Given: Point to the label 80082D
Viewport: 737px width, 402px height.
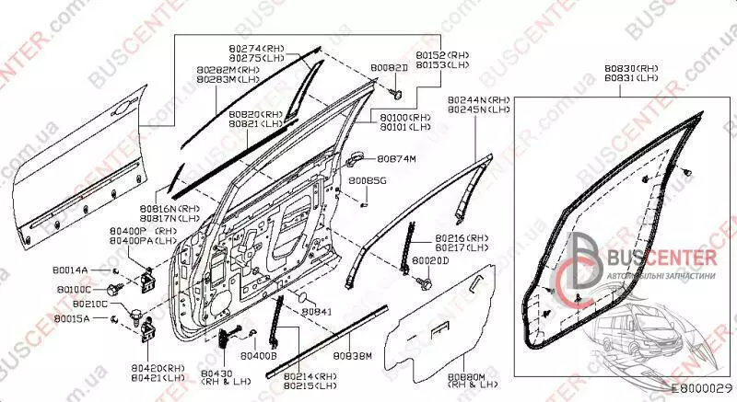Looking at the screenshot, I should pyautogui.click(x=389, y=69).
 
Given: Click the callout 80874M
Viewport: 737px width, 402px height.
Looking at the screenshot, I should pyautogui.click(x=398, y=158).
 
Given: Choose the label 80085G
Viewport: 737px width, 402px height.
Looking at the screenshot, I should pyautogui.click(x=368, y=182).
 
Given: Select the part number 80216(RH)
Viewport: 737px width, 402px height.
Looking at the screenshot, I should pyautogui.click(x=462, y=237).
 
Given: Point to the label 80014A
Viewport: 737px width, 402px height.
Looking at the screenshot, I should pyautogui.click(x=71, y=270).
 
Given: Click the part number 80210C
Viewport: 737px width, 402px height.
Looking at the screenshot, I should pyautogui.click(x=90, y=303).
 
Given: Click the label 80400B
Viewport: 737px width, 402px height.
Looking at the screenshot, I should pyautogui.click(x=258, y=354).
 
